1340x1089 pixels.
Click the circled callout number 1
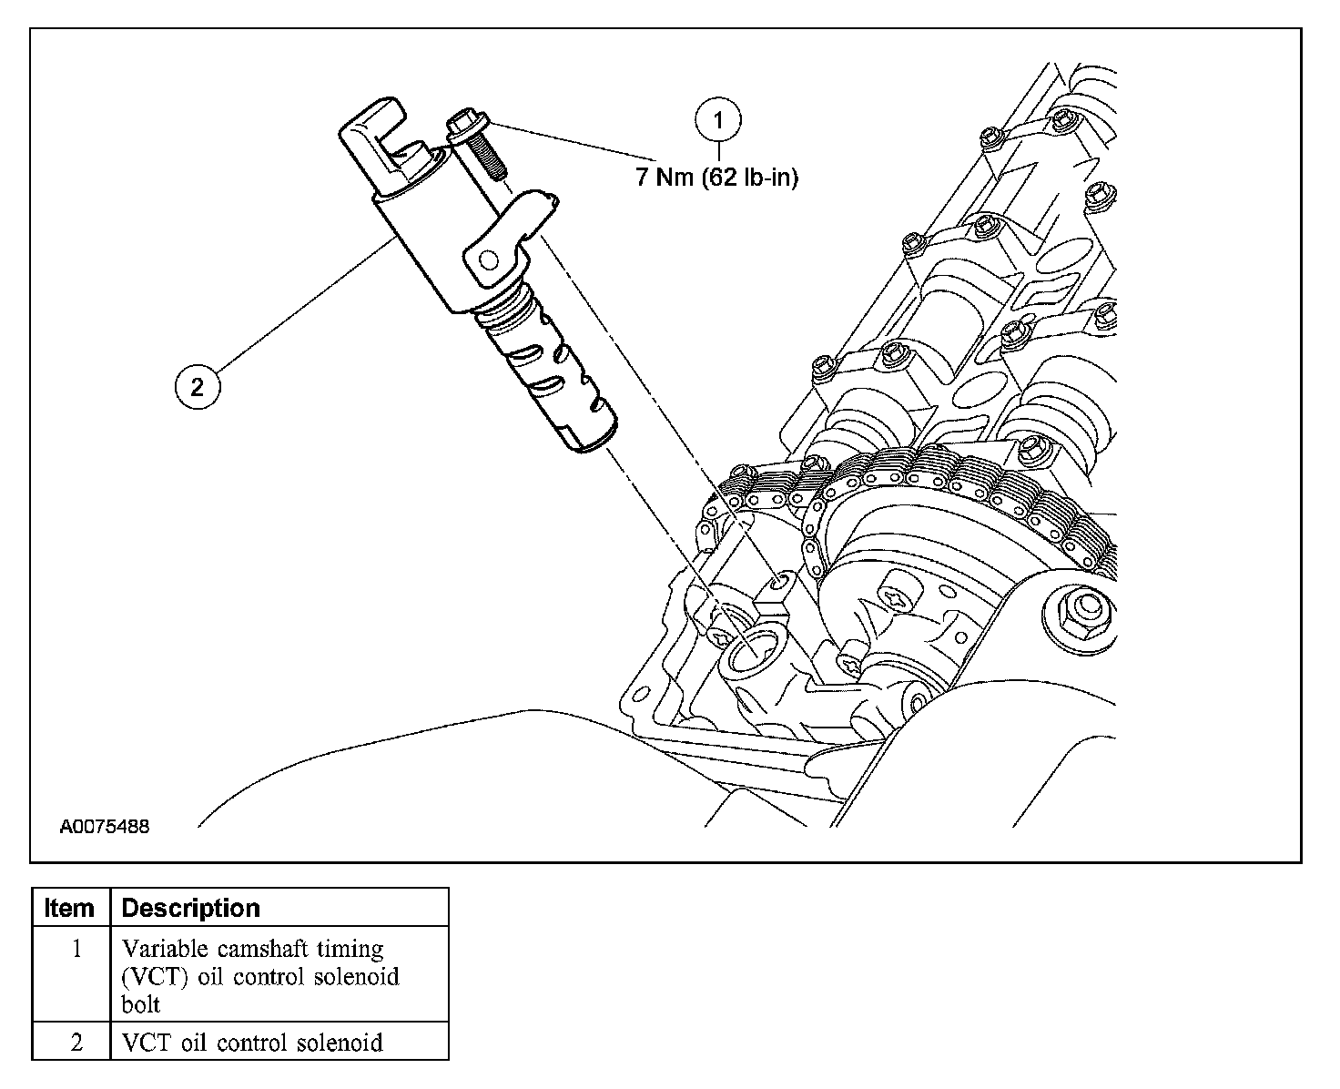tap(719, 120)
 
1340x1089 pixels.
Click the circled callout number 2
tap(198, 387)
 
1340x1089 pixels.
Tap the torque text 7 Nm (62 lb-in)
tap(716, 178)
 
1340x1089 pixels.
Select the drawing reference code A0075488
tap(105, 827)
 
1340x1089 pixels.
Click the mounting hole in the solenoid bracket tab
tap(488, 262)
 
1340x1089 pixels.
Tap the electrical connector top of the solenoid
tap(382, 137)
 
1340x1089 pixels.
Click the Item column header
tap(70, 908)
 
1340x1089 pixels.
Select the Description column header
tap(190, 908)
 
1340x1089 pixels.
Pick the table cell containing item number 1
tap(76, 950)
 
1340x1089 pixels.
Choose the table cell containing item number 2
tap(76, 1042)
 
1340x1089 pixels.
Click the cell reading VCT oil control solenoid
tap(251, 1042)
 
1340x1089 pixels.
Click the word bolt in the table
tap(140, 1003)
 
